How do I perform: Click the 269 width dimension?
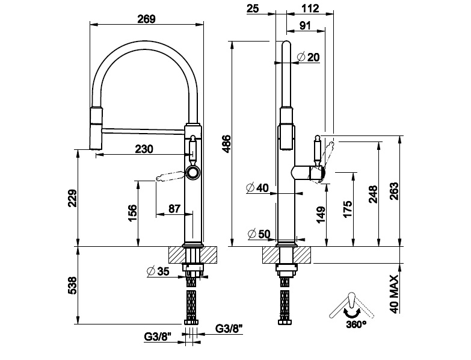pos(147,19)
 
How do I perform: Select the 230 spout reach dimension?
pos(144,149)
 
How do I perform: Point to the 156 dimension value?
pos(133,213)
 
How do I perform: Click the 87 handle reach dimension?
pos(174,208)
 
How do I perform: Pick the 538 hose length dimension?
pos(71,285)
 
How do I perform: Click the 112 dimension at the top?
pos(307,8)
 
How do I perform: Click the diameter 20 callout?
pos(309,57)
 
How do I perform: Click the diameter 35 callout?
pos(158,271)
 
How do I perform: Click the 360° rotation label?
pos(356,324)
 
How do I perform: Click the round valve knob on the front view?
pos(192,173)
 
